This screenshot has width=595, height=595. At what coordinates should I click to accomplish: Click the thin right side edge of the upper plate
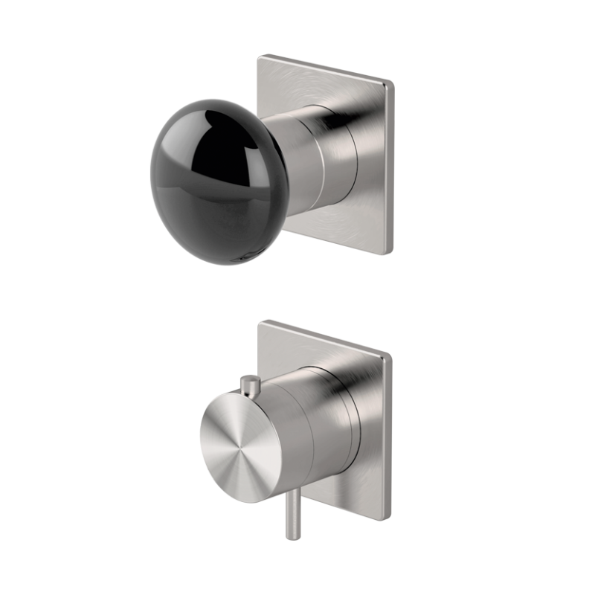click(388, 167)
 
